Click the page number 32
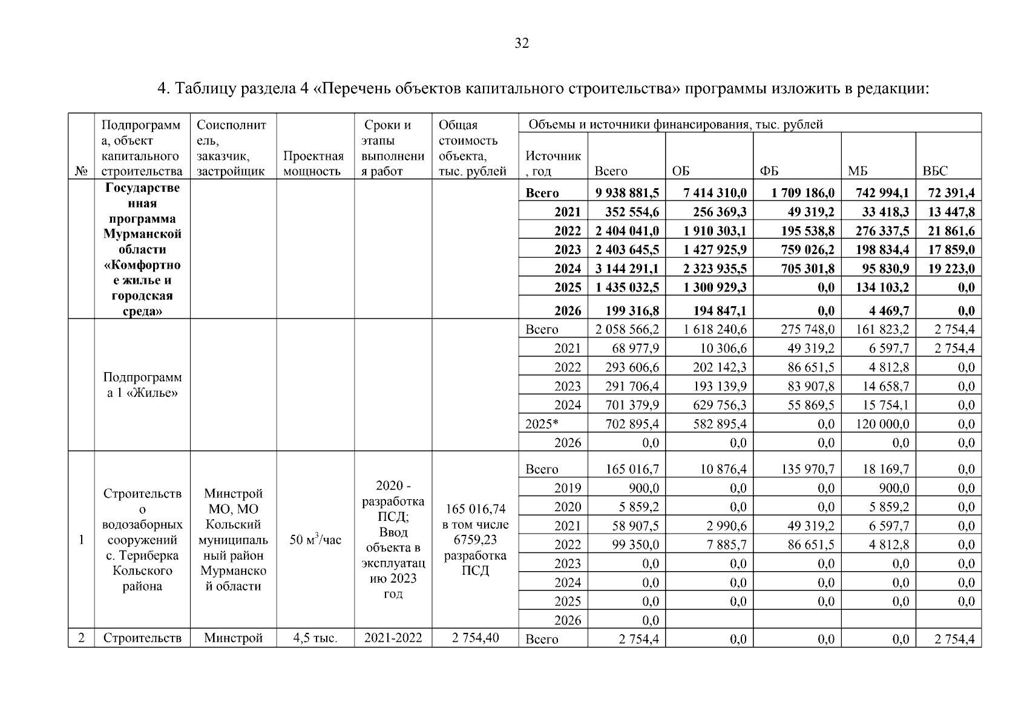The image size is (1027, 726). pos(521,43)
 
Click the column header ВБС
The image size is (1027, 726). pos(934,171)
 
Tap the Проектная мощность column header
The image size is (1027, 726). pos(313,163)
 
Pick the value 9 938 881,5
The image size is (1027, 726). pos(626,193)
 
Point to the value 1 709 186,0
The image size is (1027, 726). pos(803,193)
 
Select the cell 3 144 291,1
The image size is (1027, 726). pos(626,269)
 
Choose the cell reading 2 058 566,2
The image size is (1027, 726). pos(626,329)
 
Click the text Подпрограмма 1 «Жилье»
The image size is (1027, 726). pos(142,385)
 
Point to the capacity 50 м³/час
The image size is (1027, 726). pos(315,540)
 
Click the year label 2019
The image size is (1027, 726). pos(567,488)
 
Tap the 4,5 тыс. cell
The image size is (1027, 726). pos(315,638)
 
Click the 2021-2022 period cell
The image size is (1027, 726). pos(393,638)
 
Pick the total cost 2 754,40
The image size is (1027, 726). pos(475,638)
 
